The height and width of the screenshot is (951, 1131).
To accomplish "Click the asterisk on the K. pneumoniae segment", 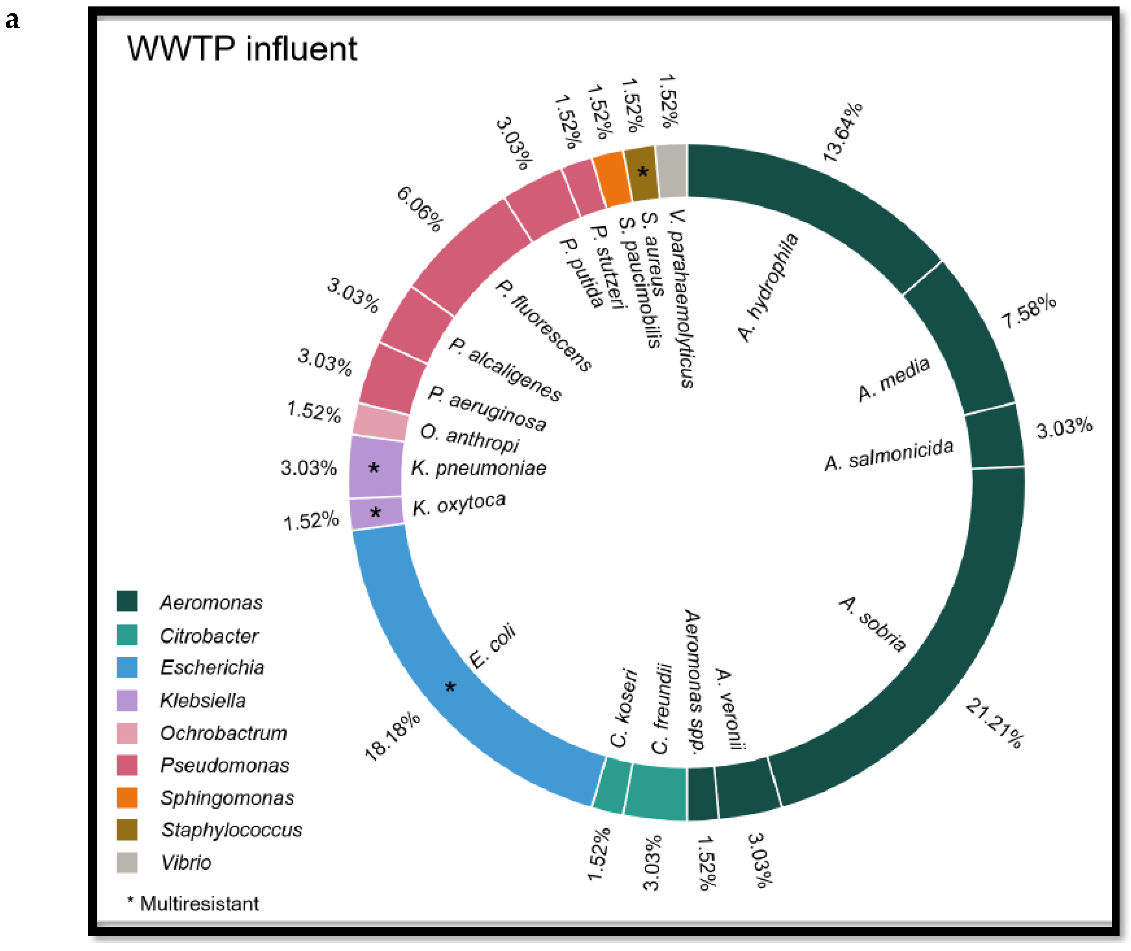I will (374, 468).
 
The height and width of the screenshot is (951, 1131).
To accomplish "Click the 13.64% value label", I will (841, 132).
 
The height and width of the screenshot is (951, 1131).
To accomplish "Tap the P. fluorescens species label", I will (543, 326).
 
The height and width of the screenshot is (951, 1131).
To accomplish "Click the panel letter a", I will (12, 20).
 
